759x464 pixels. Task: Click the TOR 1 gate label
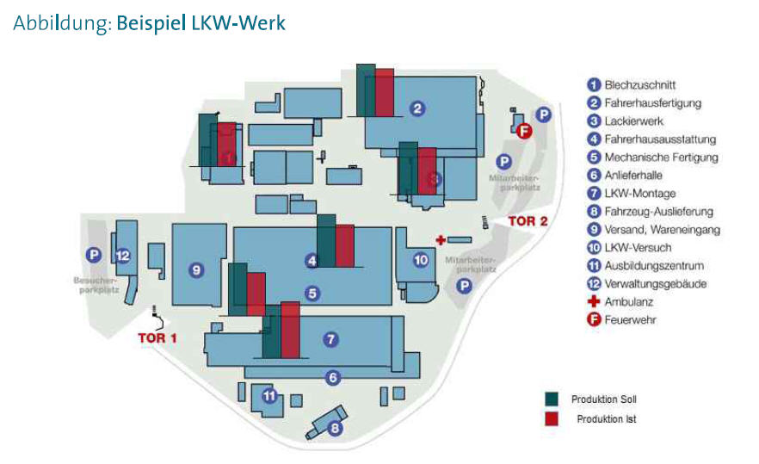[x=157, y=337]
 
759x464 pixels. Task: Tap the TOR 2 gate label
[x=528, y=221]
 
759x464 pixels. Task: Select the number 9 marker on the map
[x=197, y=270]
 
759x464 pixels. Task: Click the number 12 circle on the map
[x=123, y=255]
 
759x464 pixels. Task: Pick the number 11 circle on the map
[x=269, y=397]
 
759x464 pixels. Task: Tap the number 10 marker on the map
[x=421, y=259]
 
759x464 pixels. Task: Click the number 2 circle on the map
[x=417, y=108]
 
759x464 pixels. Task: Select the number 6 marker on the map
[x=332, y=376]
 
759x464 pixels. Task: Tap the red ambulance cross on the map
[x=441, y=239]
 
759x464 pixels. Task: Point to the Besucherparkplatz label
[x=96, y=285]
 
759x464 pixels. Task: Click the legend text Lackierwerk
[x=634, y=121]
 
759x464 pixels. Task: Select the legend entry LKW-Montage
[x=640, y=194]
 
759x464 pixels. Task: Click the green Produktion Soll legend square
[x=552, y=399]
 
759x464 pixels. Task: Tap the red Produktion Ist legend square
[x=552, y=419]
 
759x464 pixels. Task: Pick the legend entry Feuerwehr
[x=630, y=320]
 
